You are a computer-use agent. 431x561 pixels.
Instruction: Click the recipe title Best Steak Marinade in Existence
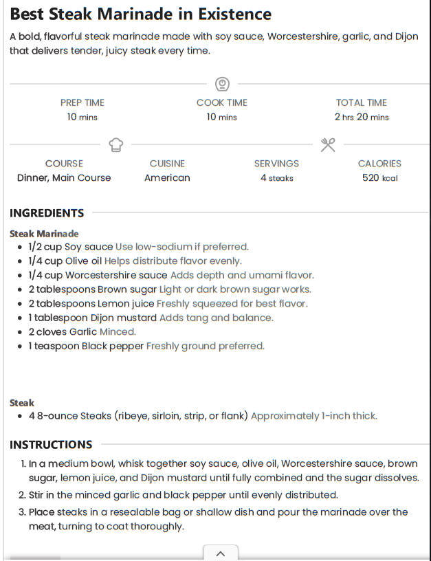140,14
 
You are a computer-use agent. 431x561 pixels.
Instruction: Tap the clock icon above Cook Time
221,85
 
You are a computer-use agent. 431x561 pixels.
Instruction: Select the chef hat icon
115,145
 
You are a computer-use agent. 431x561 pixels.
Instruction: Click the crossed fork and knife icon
328,145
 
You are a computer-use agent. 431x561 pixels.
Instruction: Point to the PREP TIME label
82,102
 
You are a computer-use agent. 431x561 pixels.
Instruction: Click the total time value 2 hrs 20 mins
362,117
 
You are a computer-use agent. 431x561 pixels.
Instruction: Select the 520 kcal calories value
379,178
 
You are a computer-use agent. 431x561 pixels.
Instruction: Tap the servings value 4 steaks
276,178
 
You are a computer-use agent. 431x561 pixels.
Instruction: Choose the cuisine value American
167,177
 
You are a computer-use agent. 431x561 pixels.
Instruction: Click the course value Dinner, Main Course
64,177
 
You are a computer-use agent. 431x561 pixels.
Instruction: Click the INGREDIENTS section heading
47,213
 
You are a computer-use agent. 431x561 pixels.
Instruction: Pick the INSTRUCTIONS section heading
51,445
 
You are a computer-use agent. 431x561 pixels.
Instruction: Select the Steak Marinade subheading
44,234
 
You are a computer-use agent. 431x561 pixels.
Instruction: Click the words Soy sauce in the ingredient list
89,247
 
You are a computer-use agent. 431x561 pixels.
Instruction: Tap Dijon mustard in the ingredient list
121,318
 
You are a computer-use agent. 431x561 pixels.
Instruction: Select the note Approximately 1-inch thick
313,416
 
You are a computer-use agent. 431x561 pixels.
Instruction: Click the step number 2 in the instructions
22,495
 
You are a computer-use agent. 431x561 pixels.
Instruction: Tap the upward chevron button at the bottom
221,553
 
